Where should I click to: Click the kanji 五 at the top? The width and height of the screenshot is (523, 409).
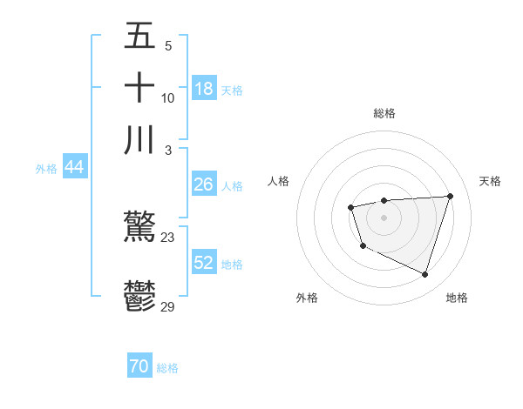139,37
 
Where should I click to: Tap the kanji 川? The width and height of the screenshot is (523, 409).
139,139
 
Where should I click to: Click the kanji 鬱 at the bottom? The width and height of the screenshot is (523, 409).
139,296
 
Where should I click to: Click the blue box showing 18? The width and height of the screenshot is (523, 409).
204,89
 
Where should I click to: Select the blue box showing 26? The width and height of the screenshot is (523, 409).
204,184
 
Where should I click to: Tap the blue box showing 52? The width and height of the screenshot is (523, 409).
204,263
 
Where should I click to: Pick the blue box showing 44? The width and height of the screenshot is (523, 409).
74,168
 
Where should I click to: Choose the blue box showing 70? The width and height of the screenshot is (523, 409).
139,367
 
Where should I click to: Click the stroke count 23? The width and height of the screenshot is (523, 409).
167,237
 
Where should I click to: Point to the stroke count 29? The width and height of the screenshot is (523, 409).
167,306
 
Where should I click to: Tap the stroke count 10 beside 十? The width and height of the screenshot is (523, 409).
167,97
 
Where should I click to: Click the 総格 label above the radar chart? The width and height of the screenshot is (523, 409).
384,113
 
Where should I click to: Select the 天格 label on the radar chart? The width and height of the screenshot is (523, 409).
491,181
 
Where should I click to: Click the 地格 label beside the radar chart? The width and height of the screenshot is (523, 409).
457,298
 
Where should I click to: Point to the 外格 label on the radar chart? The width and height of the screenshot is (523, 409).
307,298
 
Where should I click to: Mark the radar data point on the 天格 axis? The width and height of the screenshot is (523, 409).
450,196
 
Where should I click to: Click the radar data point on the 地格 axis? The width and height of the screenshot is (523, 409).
425,275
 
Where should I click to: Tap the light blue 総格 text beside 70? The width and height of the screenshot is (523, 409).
167,368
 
